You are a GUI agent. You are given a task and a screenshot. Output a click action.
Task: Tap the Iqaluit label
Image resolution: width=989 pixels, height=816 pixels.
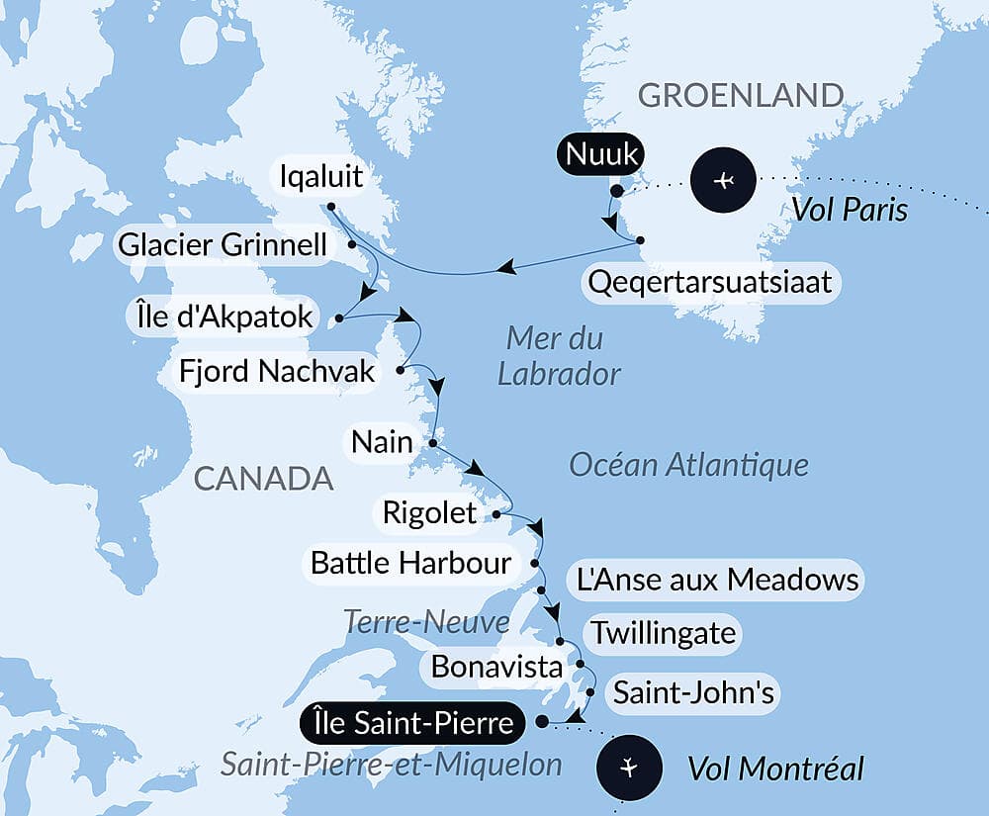320,180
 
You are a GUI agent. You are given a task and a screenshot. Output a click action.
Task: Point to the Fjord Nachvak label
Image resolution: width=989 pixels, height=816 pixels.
278,371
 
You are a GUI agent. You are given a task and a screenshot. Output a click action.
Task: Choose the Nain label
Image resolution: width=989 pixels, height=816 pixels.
381,441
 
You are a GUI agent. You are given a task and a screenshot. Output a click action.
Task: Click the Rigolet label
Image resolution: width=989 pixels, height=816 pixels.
430,513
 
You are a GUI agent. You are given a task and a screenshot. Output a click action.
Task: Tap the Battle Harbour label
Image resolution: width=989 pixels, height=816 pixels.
410,564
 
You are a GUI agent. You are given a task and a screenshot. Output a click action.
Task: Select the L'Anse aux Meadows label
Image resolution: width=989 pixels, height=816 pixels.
712,580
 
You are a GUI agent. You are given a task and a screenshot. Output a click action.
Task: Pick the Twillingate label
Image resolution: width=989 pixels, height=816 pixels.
663,632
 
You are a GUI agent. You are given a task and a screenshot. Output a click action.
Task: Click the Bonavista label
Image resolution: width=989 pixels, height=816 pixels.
496,666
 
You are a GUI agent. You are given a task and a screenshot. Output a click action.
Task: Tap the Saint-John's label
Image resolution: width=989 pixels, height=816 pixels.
693,692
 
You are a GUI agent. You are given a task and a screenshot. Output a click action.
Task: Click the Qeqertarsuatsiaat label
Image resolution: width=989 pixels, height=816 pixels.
708,284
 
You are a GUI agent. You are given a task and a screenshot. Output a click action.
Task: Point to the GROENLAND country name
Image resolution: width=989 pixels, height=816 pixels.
740,95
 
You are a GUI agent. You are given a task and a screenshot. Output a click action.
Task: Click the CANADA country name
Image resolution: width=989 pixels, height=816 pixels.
263,479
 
